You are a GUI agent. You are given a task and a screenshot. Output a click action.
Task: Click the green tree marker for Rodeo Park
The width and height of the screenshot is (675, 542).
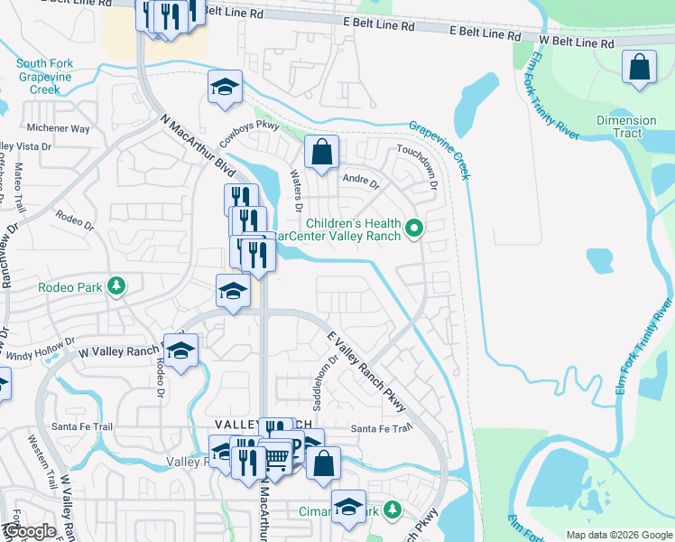click(116, 287)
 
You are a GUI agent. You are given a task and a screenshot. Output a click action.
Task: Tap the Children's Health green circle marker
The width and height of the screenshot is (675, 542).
click(414, 229)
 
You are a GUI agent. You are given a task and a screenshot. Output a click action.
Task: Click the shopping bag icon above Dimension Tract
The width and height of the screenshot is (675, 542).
click(639, 68)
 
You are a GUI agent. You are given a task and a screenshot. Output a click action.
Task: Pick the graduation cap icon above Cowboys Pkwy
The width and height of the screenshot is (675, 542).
click(225, 87)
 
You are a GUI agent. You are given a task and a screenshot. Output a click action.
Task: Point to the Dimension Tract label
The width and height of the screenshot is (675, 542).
click(626, 126)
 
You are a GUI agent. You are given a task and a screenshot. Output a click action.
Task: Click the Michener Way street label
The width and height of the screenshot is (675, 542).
click(58, 129)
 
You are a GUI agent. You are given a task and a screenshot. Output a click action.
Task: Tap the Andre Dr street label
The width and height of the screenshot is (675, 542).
click(360, 181)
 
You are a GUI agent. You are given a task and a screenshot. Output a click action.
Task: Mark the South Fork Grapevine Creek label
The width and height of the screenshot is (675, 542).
click(50, 76)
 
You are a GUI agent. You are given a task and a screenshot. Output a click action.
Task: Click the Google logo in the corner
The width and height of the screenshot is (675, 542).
click(30, 531)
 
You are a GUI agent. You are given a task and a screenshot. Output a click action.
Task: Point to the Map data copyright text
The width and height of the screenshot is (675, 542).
click(618, 535)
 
